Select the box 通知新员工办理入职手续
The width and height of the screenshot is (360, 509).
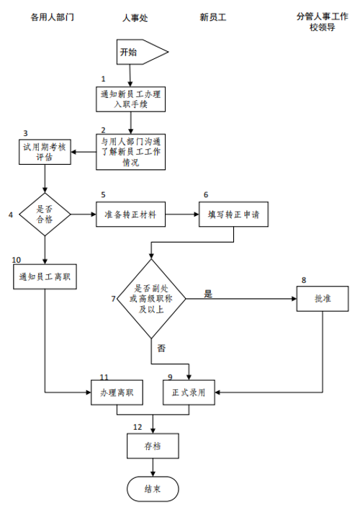pos(130,99)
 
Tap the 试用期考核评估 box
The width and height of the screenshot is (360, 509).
pos(45,152)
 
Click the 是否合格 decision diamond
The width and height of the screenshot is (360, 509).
pos(45,215)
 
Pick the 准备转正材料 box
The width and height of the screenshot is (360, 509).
pos(130,215)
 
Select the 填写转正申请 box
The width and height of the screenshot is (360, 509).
pos(233,215)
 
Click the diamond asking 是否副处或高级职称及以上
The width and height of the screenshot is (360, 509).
pos(151,299)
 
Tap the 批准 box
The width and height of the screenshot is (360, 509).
pos(323,299)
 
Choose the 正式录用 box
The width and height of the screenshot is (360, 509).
pos(189,392)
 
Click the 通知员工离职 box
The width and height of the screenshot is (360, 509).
pos(45,276)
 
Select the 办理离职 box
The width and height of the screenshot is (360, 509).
pos(117,392)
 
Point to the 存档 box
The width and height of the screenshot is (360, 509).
pos(153,446)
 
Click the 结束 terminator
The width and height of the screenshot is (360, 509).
pos(153,489)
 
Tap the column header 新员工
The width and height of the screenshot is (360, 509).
pos(213,17)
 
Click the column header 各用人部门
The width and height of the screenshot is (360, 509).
pos(53,17)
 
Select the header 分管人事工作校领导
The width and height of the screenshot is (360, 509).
pos(323,22)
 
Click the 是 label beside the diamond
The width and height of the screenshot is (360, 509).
pos(208,294)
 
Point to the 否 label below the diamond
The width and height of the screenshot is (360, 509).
pos(161,348)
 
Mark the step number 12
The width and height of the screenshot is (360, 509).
pos(138,427)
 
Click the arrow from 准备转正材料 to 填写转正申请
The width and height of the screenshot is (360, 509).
pos(182,215)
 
